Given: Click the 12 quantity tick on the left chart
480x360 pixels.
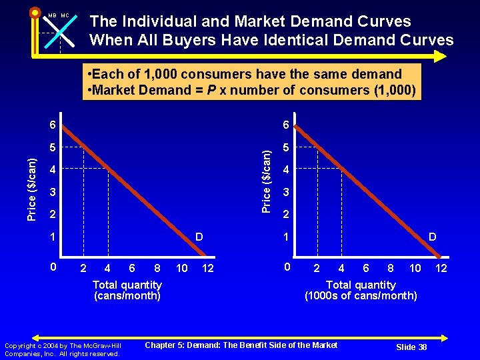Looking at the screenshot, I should click(x=208, y=268).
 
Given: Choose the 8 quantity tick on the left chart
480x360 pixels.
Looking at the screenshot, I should click(x=157, y=268).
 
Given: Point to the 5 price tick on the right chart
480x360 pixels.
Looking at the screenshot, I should click(x=286, y=147).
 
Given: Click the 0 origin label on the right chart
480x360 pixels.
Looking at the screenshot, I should click(x=285, y=267).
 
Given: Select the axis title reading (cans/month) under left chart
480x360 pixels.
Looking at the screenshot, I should click(x=127, y=295).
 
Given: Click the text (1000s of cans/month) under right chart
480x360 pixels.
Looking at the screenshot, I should click(x=361, y=295).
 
